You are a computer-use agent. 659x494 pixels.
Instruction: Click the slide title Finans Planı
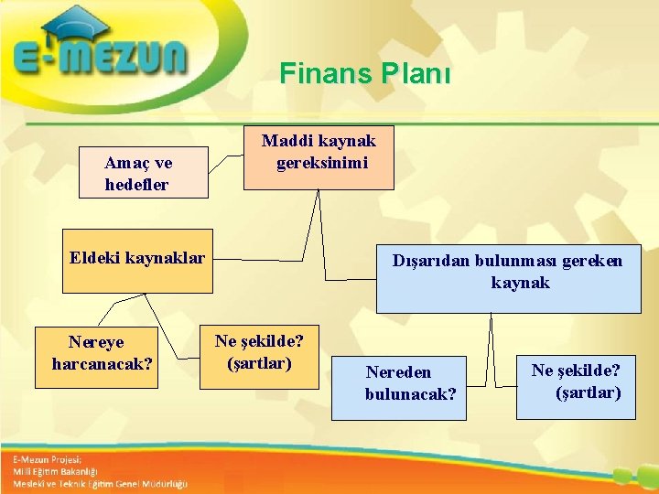pos(365,73)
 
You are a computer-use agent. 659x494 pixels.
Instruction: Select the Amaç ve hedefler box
pos(143,173)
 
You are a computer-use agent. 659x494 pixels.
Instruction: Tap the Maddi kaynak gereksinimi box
pos(319,157)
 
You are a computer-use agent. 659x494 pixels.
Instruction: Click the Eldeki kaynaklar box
pos(137,261)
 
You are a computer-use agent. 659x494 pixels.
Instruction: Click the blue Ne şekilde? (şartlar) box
pos(576,381)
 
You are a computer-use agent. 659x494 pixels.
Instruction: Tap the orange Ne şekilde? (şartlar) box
pos(260,352)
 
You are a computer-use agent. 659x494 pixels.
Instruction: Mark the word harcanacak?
pos(103,364)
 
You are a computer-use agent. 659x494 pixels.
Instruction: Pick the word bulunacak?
pos(410,394)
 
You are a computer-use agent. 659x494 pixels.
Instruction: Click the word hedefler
pos(137,185)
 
